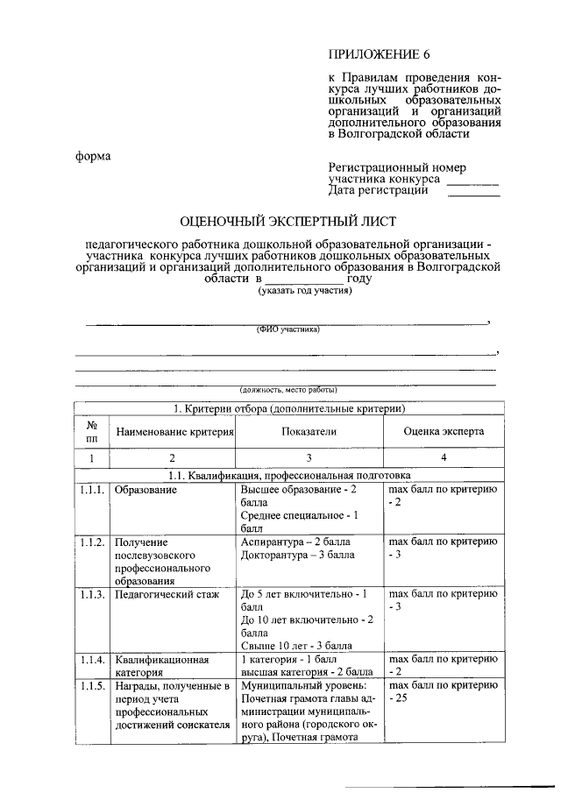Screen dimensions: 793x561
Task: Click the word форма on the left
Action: pos(92,157)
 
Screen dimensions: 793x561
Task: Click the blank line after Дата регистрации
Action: pos(473,191)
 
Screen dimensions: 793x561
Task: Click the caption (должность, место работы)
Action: pos(288,389)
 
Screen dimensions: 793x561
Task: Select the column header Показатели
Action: pos(309,431)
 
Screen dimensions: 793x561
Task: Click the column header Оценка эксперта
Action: pos(443,431)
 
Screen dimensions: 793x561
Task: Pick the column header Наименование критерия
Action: pos(172,432)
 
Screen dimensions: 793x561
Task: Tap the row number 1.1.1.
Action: pos(91,489)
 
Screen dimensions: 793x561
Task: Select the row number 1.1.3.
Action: pos(91,594)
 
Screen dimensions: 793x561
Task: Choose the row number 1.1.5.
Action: pos(91,685)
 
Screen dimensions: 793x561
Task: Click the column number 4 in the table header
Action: pos(443,458)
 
